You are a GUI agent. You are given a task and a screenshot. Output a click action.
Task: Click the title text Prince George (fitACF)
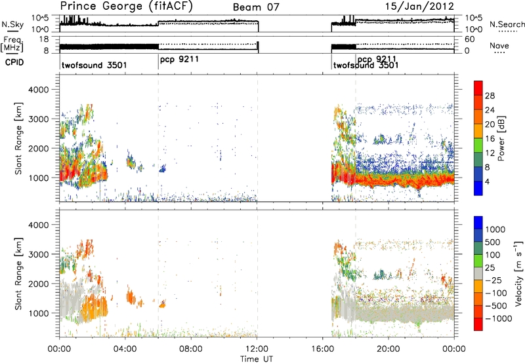point(127,7)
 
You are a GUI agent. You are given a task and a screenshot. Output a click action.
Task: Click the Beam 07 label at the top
point(256,7)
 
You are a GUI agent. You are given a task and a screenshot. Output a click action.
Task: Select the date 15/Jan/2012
point(419,7)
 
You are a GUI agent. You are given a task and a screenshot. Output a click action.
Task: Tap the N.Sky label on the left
point(12,24)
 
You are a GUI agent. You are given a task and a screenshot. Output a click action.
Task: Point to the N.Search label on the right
point(507,24)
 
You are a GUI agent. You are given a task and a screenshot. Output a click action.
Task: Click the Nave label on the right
point(499,45)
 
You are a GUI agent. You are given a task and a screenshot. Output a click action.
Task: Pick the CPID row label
point(14,62)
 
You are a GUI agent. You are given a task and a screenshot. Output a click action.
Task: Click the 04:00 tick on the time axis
point(125,349)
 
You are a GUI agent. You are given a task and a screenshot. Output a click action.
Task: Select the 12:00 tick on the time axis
point(257,349)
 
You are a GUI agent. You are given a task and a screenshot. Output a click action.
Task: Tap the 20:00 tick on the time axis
point(388,349)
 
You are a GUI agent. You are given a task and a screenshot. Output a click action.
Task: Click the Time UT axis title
point(257,359)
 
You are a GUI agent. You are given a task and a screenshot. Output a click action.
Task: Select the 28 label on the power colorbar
point(490,96)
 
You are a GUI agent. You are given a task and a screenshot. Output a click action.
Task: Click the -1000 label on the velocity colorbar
point(498,318)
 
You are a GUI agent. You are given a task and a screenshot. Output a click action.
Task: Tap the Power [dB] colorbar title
point(501,138)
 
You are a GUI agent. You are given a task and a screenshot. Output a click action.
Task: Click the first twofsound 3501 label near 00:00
point(94,65)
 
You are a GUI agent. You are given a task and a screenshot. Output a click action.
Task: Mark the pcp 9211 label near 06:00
point(179,60)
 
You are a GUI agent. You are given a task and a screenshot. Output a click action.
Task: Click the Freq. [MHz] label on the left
point(12,44)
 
